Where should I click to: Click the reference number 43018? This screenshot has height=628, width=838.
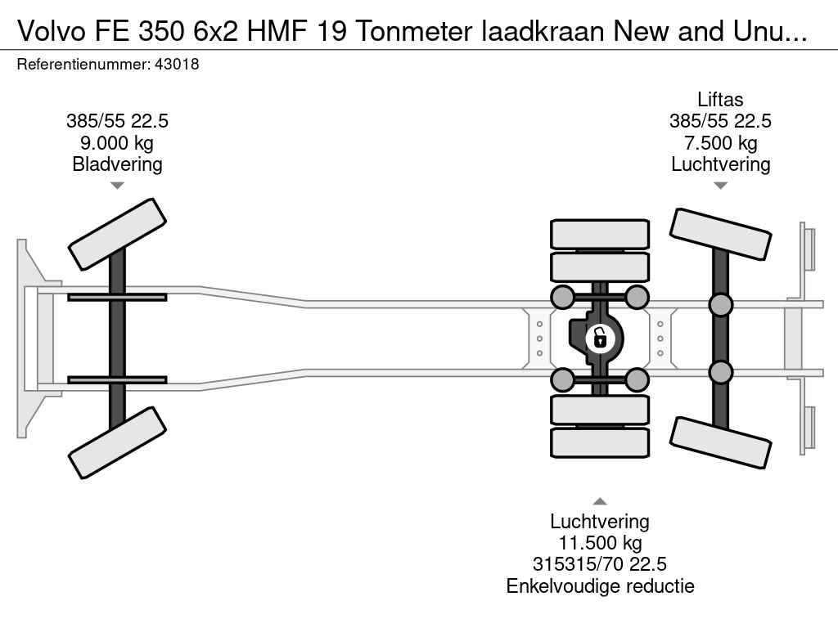tap(177, 65)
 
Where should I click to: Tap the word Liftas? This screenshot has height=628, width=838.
tap(720, 100)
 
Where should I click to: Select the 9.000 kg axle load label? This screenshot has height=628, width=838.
tap(116, 143)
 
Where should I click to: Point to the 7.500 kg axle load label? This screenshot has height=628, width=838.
tap(720, 143)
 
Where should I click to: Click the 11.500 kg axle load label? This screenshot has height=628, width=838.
tap(600, 543)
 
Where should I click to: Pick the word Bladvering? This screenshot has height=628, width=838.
tap(117, 164)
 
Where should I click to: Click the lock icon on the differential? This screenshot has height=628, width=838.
tap(600, 339)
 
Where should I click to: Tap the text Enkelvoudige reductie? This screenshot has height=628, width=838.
tap(600, 586)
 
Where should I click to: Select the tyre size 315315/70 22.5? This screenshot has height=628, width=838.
tap(600, 564)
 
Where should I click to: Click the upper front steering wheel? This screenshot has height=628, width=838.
tap(117, 235)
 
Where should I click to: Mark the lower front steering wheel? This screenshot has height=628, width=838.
tap(117, 442)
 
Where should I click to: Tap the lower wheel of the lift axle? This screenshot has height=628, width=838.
tap(720, 443)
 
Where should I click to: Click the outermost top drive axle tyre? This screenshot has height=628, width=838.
tap(600, 235)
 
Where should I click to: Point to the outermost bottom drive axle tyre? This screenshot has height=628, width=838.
tap(600, 442)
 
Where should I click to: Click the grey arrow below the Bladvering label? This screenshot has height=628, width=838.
tap(117, 186)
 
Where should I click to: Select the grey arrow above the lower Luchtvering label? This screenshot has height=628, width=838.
tap(600, 501)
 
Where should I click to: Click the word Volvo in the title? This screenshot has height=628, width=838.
tap(52, 32)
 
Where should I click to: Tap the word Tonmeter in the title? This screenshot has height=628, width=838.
tap(415, 32)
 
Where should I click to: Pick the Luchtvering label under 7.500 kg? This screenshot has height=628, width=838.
tap(720, 164)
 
